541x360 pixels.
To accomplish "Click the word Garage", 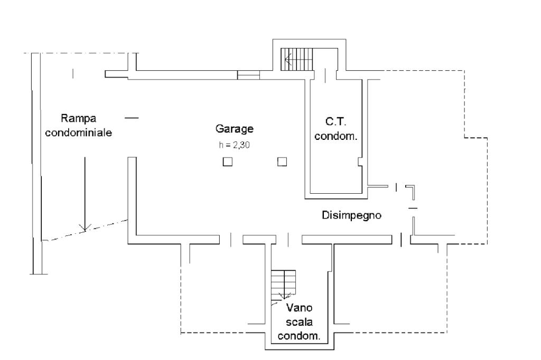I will pyautogui.click(x=235, y=128).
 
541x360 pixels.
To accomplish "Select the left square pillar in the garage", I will pyautogui.click(x=227, y=162).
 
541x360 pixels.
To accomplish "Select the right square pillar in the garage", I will pyautogui.click(x=282, y=162).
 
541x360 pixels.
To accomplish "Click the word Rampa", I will pyautogui.click(x=78, y=118).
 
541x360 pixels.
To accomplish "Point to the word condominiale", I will pyautogui.click(x=78, y=133).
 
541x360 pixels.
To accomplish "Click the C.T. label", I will pyautogui.click(x=335, y=121).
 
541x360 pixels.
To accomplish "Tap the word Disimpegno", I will pyautogui.click(x=352, y=215).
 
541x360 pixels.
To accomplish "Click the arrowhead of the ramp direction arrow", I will pyautogui.click(x=83, y=227).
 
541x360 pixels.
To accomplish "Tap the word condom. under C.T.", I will pyautogui.click(x=336, y=136).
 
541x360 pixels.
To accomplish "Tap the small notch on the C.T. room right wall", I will pyautogui.click(x=360, y=160).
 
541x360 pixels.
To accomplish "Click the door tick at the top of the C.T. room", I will pyautogui.click(x=325, y=75).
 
